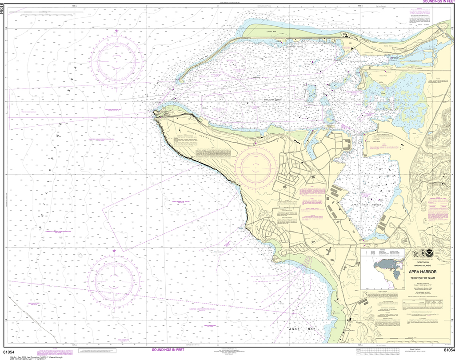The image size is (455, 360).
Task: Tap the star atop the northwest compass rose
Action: coord(117,31)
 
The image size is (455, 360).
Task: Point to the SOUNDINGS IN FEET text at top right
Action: coord(430,2)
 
